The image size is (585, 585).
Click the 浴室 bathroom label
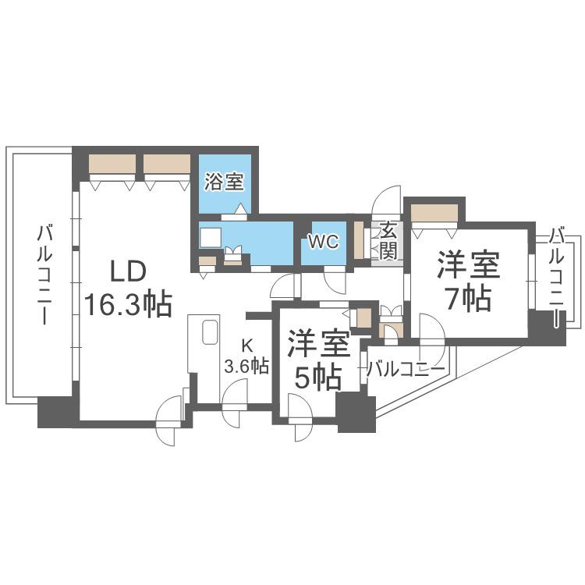coord(224,183)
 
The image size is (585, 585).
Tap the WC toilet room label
coord(324,241)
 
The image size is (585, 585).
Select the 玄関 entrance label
coord(388,241)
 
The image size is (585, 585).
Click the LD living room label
coord(128,271)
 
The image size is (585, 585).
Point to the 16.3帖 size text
coord(129,304)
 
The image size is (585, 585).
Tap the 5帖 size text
coord(318,378)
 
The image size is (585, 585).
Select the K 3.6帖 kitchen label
coord(246,356)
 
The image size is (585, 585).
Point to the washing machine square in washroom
coord(211,238)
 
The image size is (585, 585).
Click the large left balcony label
coord(44,275)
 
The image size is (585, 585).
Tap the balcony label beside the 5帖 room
coord(406,370)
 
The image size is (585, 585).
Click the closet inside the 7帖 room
coord(434,213)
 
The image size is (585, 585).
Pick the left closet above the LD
coord(112,164)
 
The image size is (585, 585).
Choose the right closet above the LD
coord(167,164)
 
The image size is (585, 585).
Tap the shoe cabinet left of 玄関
coord(359,240)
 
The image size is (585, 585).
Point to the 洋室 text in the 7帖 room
coord(469,264)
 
